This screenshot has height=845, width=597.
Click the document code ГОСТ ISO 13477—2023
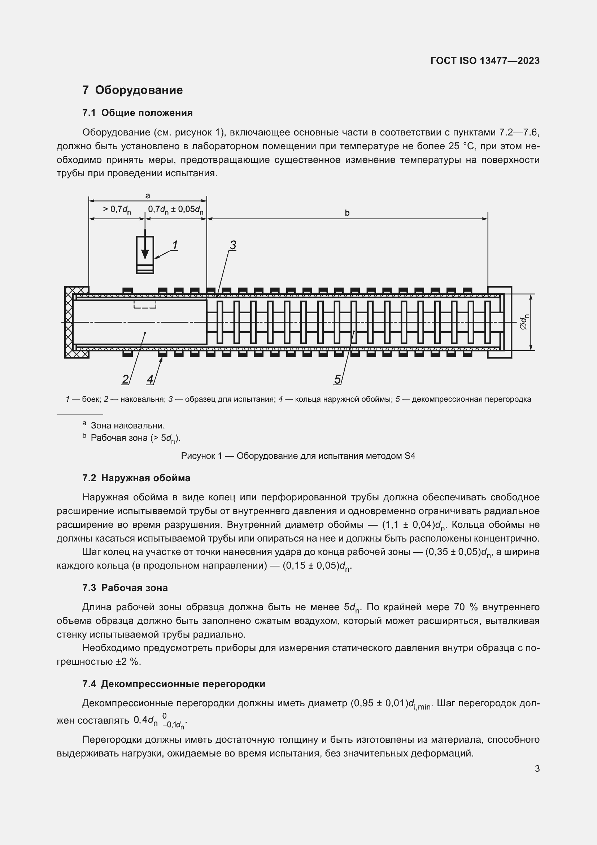point(485,61)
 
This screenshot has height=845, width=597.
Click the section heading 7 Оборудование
point(132,90)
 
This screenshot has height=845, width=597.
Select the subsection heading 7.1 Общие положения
point(138,113)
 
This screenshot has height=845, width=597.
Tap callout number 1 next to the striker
point(175,245)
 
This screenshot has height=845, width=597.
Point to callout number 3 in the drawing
point(233,245)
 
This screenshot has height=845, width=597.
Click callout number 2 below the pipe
point(125,379)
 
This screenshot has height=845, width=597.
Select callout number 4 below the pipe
point(150,379)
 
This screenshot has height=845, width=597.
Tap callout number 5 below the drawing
point(337,379)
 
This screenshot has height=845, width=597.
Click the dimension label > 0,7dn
point(117,210)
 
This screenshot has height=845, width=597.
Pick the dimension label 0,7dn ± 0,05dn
point(176,210)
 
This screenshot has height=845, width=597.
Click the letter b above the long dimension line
point(347,213)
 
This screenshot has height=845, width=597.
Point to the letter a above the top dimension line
point(148,196)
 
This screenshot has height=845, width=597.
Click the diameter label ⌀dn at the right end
point(524,322)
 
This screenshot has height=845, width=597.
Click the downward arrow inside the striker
point(145,251)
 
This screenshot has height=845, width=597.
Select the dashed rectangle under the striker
point(145,304)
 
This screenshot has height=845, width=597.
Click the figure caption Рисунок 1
point(298,456)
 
